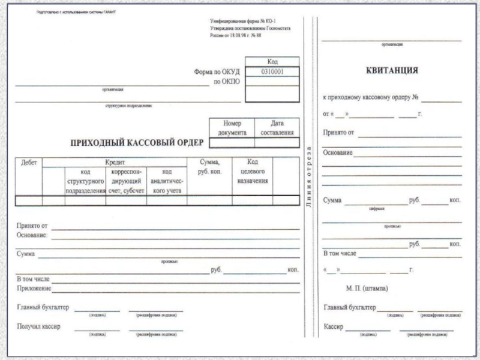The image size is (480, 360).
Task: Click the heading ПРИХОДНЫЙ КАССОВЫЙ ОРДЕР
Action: [137, 142]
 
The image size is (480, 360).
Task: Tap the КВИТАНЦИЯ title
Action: [392, 70]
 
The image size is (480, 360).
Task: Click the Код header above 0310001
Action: [272, 61]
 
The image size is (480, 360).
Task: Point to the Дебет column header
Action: [29, 162]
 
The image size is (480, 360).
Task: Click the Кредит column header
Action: [115, 162]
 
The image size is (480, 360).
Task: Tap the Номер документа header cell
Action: [232, 127]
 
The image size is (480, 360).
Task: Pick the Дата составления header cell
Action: [277, 127]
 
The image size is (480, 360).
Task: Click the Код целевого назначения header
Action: [252, 171]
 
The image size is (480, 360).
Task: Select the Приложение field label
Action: [34, 289]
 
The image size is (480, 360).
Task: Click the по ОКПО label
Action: [226, 82]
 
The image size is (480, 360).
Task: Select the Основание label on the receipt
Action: [338, 153]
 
